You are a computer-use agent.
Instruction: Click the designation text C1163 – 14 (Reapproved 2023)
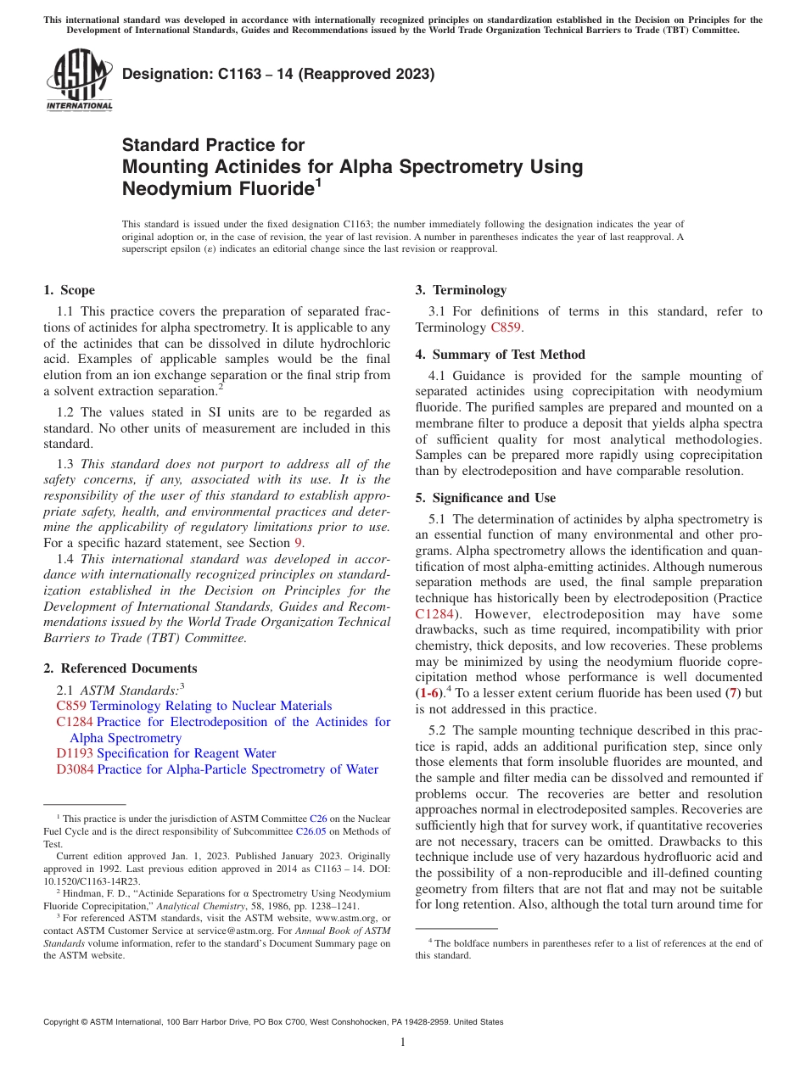[x=278, y=74]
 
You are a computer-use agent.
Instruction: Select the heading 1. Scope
[x=69, y=290]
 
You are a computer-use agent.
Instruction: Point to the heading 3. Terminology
[x=461, y=290]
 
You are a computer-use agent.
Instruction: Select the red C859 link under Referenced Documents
[x=71, y=706]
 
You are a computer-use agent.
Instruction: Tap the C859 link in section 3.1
[x=507, y=327]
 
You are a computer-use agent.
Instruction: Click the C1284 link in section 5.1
[x=434, y=613]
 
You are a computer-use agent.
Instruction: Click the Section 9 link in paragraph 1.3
[x=298, y=543]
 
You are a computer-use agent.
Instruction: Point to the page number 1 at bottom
[x=403, y=1042]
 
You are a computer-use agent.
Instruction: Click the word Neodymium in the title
[x=177, y=188]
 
